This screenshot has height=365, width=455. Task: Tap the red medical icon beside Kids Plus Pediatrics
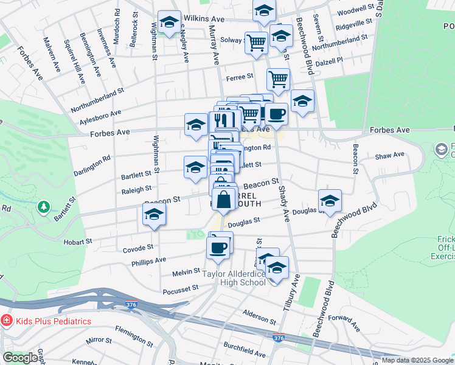6,321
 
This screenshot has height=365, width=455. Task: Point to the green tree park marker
43,207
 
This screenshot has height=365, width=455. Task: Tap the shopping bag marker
224,200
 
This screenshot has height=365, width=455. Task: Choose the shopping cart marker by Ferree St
278,78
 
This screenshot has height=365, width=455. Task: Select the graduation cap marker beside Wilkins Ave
169,23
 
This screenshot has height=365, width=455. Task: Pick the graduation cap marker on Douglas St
330,200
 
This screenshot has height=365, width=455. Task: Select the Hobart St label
77,242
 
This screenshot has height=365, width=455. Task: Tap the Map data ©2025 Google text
417,360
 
